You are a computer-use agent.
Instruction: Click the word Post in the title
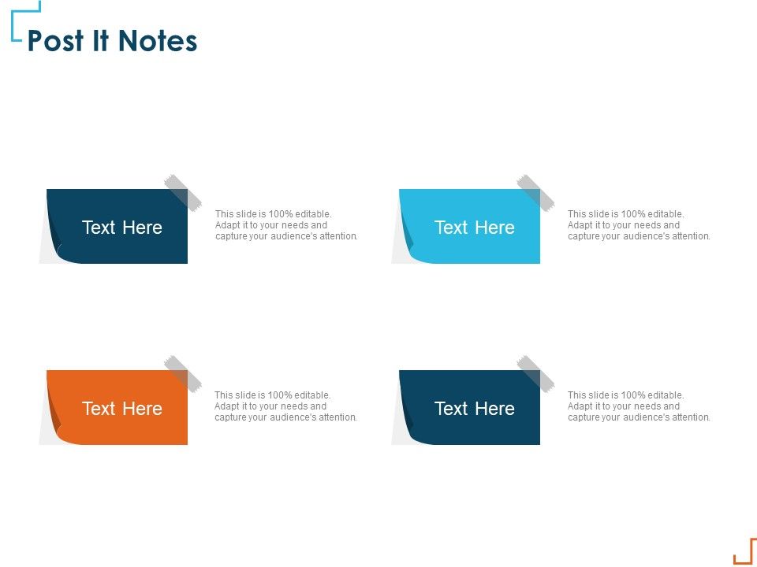tap(55, 41)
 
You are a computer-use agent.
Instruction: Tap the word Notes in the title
tap(158, 41)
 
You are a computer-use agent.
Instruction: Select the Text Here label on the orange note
tap(122, 409)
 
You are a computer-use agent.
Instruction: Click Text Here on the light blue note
tap(475, 228)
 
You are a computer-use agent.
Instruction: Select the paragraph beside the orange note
tap(285, 406)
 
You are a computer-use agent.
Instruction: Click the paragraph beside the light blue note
tap(639, 225)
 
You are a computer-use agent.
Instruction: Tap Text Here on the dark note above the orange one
tap(122, 228)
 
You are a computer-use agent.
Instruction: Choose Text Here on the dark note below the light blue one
tap(475, 409)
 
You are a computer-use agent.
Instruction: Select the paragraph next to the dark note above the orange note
tap(286, 225)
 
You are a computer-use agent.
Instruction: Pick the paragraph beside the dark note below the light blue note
tap(639, 406)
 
